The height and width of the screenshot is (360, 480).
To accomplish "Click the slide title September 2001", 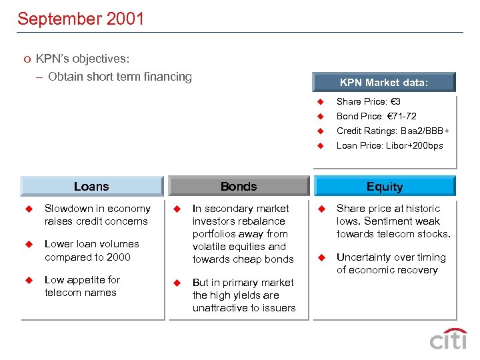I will click(x=81, y=19).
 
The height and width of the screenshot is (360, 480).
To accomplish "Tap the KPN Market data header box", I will click(x=384, y=83).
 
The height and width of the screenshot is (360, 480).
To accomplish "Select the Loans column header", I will click(x=91, y=187).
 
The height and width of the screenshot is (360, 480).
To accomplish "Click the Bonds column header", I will click(x=239, y=187).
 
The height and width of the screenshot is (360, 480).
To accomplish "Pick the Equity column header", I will click(x=385, y=187).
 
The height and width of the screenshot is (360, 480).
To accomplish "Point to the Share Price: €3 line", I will click(x=368, y=101).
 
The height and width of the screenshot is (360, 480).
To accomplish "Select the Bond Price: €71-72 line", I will click(x=376, y=116).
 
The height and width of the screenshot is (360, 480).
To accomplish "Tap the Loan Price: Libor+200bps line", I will click(x=389, y=145).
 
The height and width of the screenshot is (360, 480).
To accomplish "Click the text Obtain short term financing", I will click(x=120, y=77).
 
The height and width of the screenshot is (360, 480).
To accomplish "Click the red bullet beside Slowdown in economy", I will click(x=29, y=209).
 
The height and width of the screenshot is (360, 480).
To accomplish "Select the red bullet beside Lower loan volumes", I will click(x=29, y=244).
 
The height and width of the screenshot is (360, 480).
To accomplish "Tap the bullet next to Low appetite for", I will click(x=29, y=280).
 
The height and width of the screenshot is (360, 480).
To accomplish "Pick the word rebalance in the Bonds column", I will click(x=262, y=221).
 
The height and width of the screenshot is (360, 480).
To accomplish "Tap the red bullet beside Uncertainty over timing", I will click(x=320, y=257).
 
